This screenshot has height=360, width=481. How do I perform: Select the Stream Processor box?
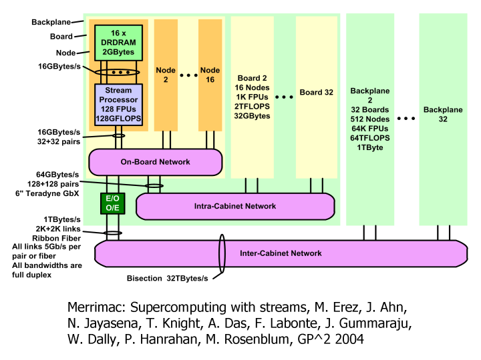pos(118,103)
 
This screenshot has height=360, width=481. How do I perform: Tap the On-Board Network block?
pos(155,162)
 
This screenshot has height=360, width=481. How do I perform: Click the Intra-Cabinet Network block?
pos(235,206)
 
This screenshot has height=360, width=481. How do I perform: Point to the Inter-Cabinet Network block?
pos(281,253)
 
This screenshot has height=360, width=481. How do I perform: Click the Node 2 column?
pos(166,73)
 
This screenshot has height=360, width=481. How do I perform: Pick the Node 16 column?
pos(210,73)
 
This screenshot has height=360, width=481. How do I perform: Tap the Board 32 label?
pos(316,93)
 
